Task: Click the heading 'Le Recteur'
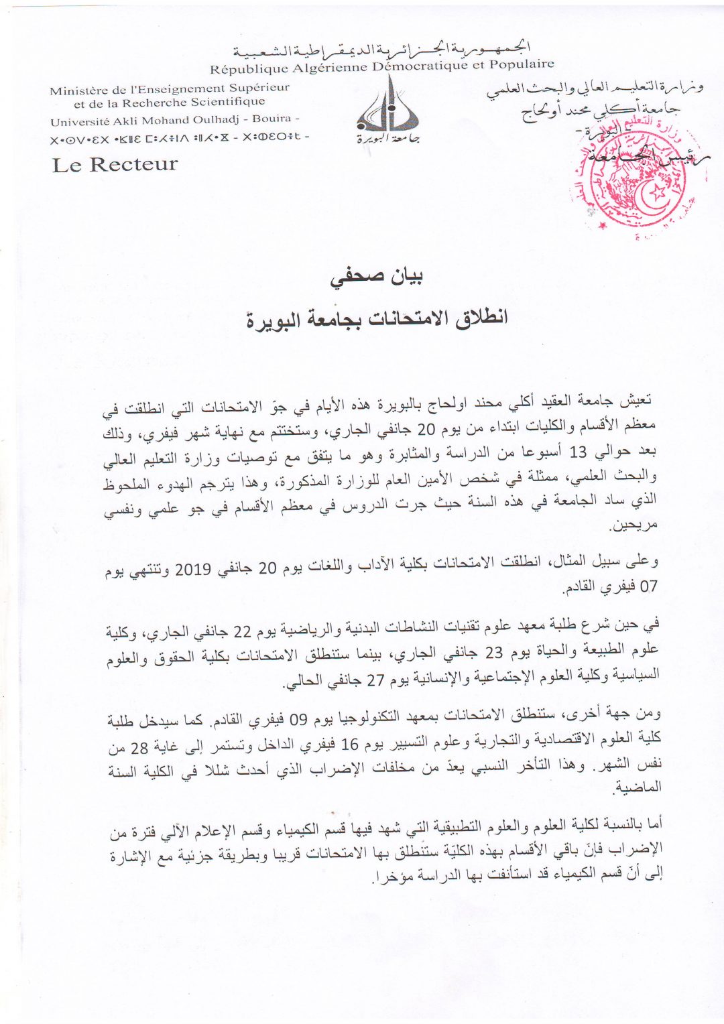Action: click(x=115, y=164)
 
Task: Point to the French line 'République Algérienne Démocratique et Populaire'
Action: click(x=382, y=66)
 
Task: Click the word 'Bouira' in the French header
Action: click(x=271, y=119)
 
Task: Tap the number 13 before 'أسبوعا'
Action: click(x=577, y=452)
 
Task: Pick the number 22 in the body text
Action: click(x=242, y=632)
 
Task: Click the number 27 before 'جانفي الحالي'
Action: click(x=375, y=680)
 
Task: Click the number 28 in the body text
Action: click(x=139, y=748)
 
